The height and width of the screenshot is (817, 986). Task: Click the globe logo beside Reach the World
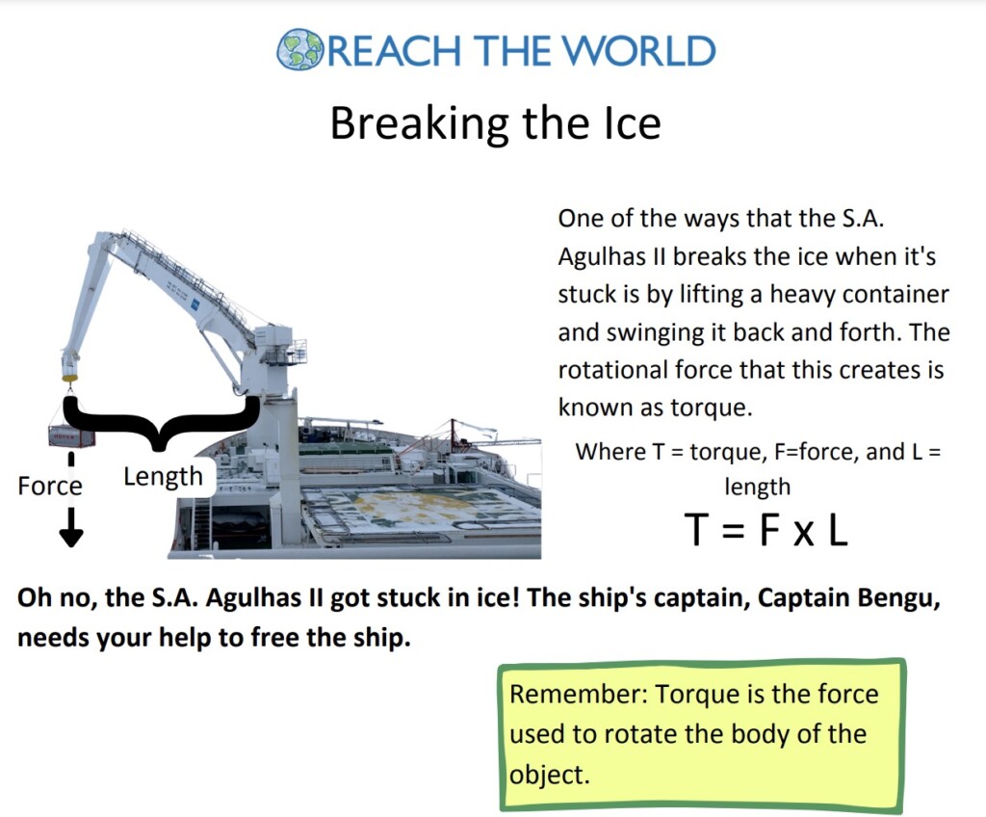pos(299,50)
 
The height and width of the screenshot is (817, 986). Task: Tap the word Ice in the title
pos(626,124)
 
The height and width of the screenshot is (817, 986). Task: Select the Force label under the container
pos(50,486)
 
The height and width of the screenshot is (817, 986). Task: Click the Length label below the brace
pos(163,476)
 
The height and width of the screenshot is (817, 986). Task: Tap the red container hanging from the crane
pos(72,436)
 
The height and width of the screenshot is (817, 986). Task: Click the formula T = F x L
pos(765,530)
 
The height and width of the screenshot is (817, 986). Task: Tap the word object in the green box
pos(546,775)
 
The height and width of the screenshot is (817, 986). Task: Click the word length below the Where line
pos(757,487)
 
